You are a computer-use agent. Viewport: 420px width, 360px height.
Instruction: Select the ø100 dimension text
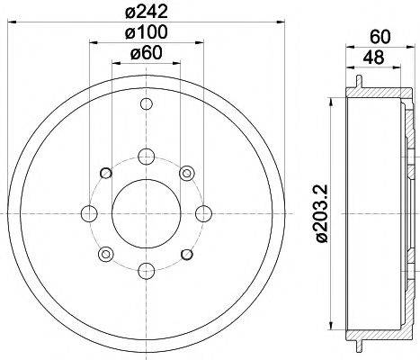pos(147,34)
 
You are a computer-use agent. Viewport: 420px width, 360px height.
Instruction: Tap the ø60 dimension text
pos(147,55)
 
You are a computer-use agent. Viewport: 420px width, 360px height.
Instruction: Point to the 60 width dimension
pos(378,38)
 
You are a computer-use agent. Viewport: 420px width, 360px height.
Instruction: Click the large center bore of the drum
pos(146,213)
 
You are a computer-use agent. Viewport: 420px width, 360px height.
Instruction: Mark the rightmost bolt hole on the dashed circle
pos(202,213)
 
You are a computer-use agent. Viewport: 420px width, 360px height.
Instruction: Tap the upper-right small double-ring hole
pos(186,173)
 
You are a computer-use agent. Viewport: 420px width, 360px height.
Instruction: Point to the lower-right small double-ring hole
pos(186,253)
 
